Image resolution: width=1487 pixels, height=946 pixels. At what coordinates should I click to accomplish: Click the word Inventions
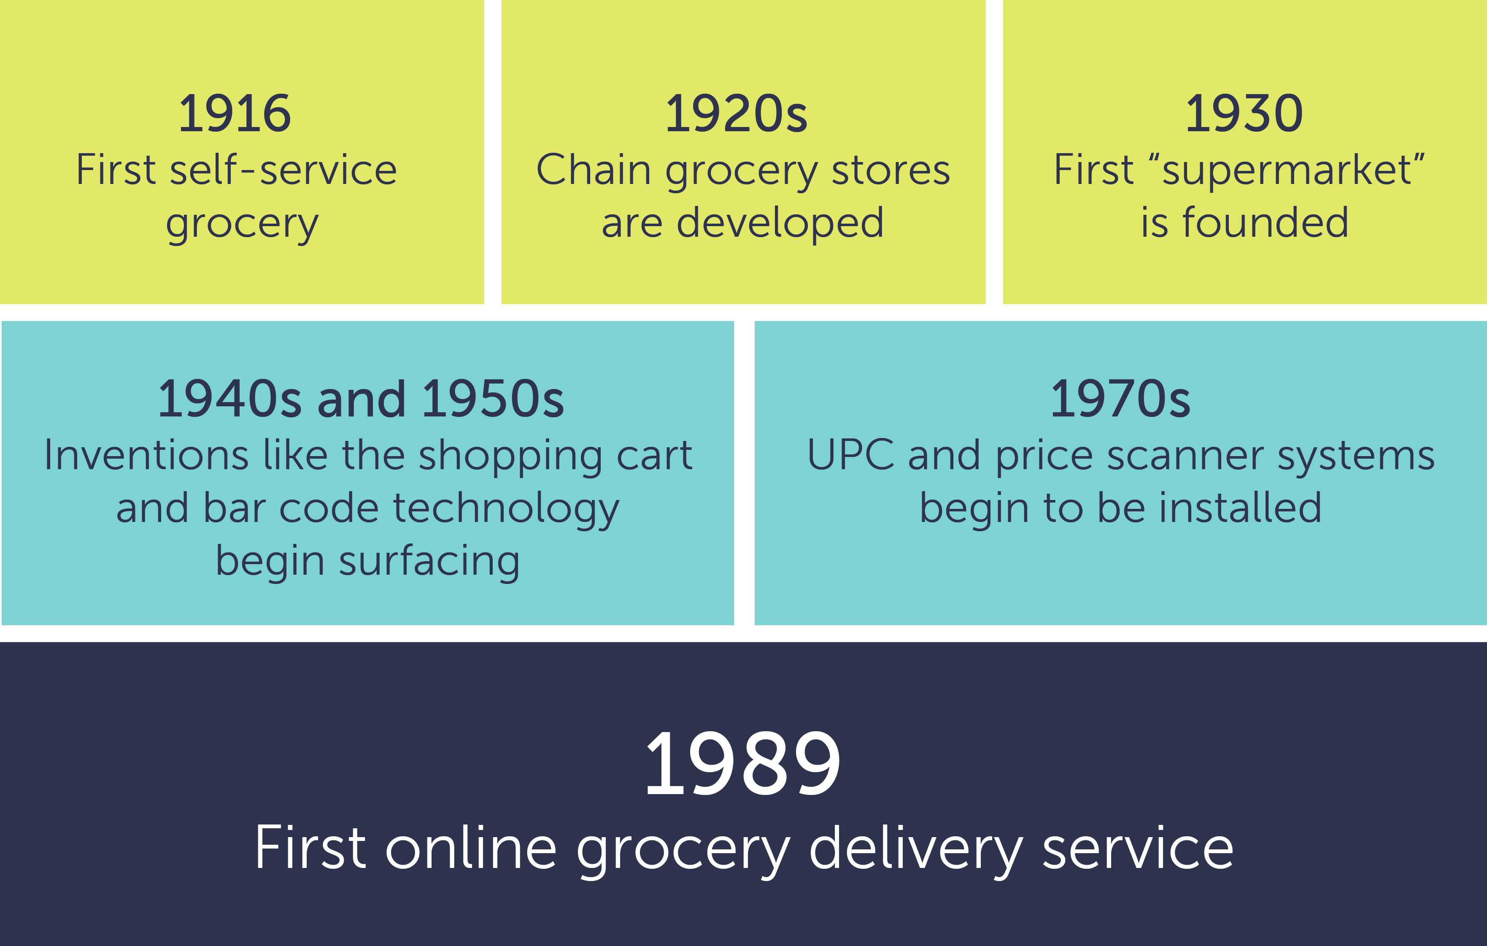(x=146, y=456)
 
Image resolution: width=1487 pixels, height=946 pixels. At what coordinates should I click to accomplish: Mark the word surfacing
(x=429, y=562)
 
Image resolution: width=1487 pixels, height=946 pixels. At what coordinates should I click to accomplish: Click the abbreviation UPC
(x=850, y=456)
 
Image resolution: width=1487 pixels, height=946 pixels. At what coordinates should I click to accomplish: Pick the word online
(x=471, y=849)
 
